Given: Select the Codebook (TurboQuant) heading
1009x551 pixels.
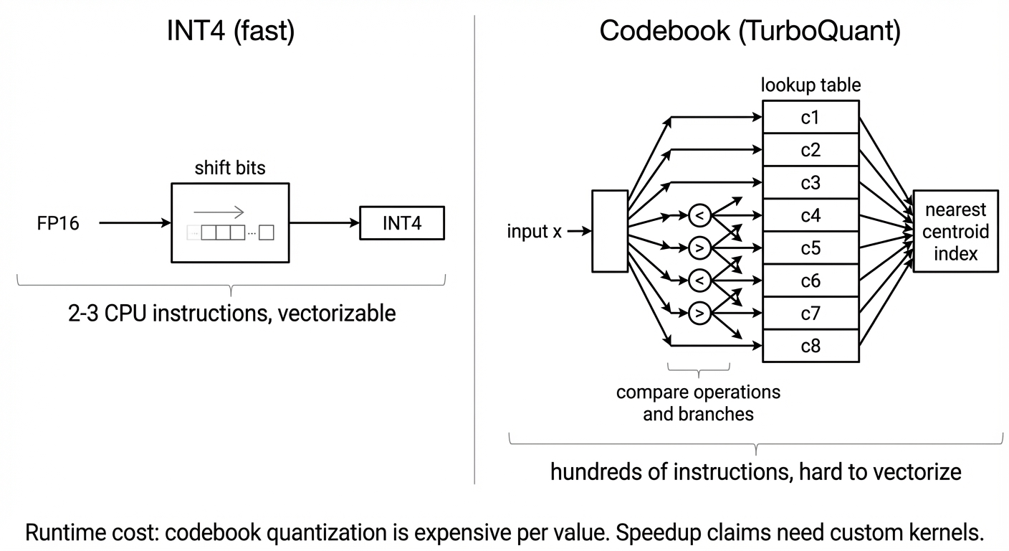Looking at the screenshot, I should tap(750, 32).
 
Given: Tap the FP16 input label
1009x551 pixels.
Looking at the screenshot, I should tap(58, 224).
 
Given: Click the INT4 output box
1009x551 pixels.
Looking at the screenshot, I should tap(401, 224).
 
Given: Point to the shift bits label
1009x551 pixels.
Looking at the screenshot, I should tap(229, 169).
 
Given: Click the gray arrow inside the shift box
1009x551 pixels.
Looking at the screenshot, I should tap(219, 212).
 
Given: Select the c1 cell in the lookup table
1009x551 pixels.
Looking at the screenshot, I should tap(810, 117).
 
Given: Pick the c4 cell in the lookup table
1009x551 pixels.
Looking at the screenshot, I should tap(810, 215).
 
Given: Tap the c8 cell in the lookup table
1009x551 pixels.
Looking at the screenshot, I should tap(810, 346).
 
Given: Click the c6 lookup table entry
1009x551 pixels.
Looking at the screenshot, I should tap(810, 281).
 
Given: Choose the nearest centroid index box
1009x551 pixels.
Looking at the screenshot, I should tap(955, 232).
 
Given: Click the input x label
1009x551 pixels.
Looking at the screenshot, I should tap(535, 232).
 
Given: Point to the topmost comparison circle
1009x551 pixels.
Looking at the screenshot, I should tap(699, 214).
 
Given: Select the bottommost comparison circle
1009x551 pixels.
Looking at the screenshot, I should tap(699, 313).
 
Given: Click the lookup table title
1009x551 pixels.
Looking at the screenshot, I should tap(810, 85).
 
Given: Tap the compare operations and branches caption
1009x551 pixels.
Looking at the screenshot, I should tap(698, 403).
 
